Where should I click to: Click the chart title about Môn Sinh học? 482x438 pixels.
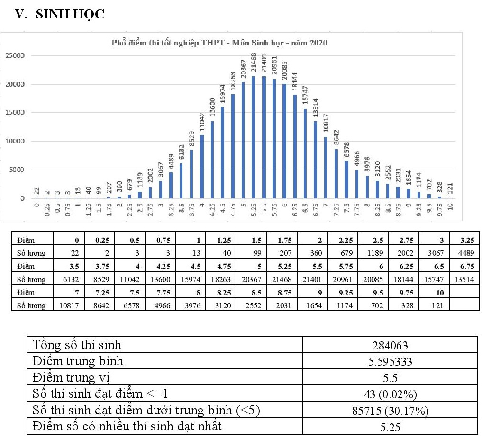pyautogui.click(x=219, y=43)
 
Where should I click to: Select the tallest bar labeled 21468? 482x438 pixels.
pyautogui.click(x=253, y=137)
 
